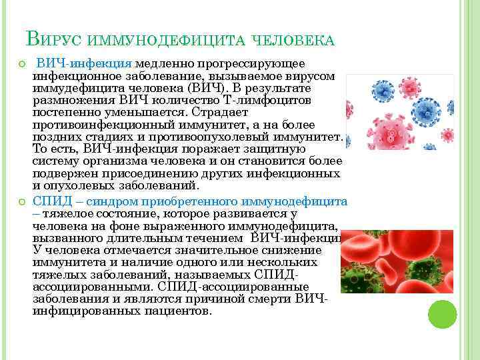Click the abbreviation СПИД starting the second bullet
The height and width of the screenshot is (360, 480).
point(49,201)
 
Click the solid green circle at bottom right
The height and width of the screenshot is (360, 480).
point(441,314)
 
